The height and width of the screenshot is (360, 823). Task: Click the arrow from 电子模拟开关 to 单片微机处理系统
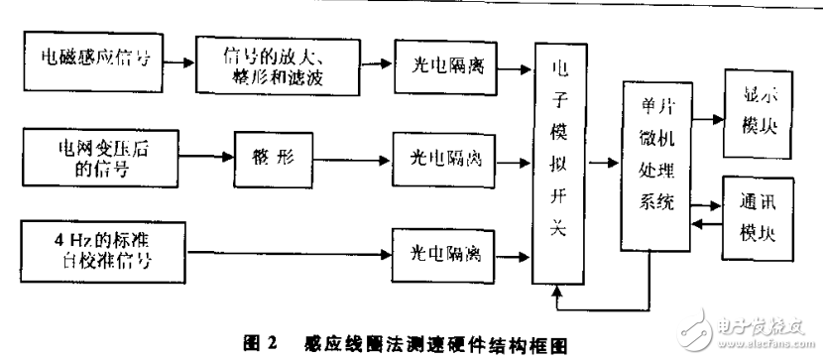tap(602, 161)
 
